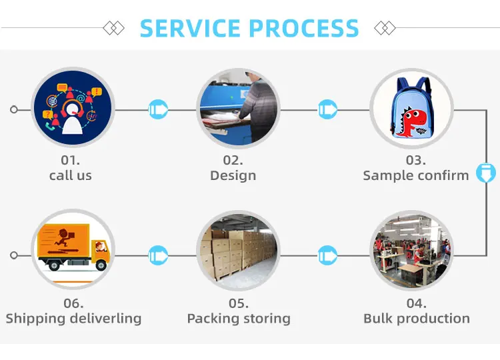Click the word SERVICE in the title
(x=190, y=28)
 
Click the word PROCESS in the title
(x=304, y=28)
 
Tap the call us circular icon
(x=73, y=107)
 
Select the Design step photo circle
(x=238, y=108)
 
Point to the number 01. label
(x=71, y=160)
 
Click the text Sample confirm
(x=416, y=175)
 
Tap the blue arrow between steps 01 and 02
(x=159, y=109)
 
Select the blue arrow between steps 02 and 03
(x=327, y=109)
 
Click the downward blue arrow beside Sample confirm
(x=486, y=173)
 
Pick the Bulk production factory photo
(x=411, y=250)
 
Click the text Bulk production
(x=417, y=318)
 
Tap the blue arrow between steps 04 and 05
(x=327, y=255)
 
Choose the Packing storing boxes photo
(x=238, y=250)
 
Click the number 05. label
(x=239, y=303)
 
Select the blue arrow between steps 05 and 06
(x=159, y=255)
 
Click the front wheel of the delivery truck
(x=101, y=265)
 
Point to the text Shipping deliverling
(x=73, y=318)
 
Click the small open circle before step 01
(x=14, y=109)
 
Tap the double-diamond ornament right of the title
(x=385, y=28)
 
